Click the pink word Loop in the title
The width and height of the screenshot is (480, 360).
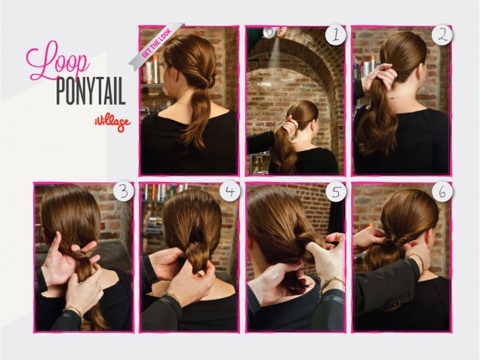pyautogui.click(x=57, y=61)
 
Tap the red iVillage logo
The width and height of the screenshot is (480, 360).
pyautogui.click(x=112, y=123)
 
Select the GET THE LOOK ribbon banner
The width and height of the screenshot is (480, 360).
pyautogui.click(x=156, y=44)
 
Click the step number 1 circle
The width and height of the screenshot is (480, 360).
pyautogui.click(x=336, y=35)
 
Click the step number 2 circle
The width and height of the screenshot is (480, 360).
pyautogui.click(x=442, y=35)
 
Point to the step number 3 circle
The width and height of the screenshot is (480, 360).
pyautogui.click(x=124, y=192)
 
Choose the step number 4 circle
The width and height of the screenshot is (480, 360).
pyautogui.click(x=230, y=192)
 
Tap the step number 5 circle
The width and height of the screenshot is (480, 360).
pyautogui.click(x=336, y=192)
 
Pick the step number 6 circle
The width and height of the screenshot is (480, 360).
pyautogui.click(x=442, y=192)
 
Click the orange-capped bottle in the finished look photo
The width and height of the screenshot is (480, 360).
pyautogui.click(x=155, y=69)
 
